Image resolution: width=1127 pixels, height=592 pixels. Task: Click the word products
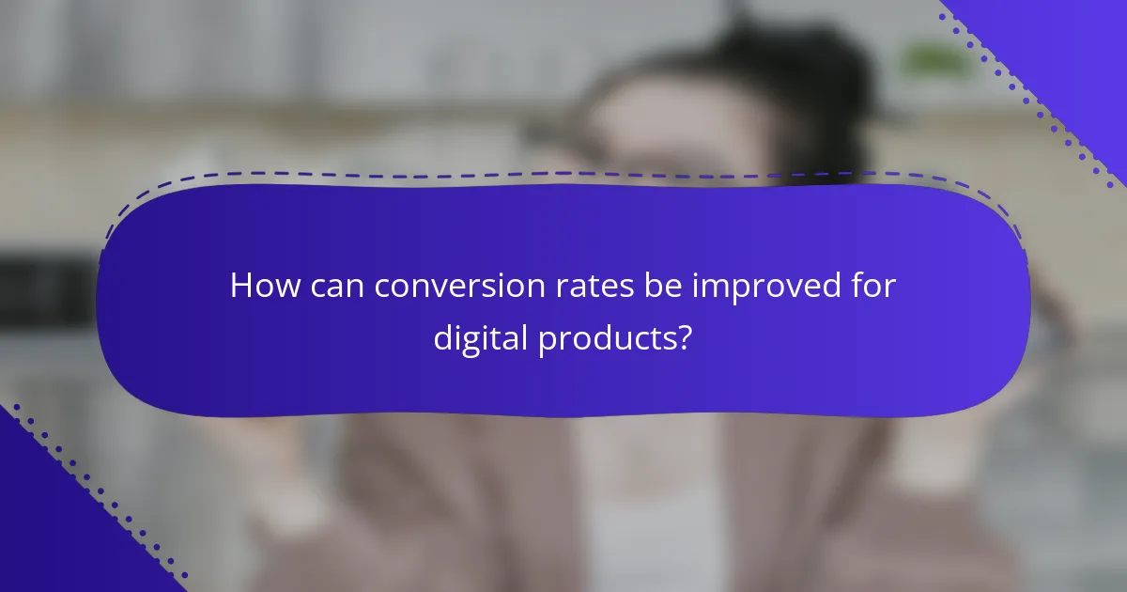(606, 339)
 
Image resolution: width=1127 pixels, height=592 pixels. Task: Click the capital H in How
(240, 287)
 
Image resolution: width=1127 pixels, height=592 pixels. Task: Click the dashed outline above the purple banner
(563, 174)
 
